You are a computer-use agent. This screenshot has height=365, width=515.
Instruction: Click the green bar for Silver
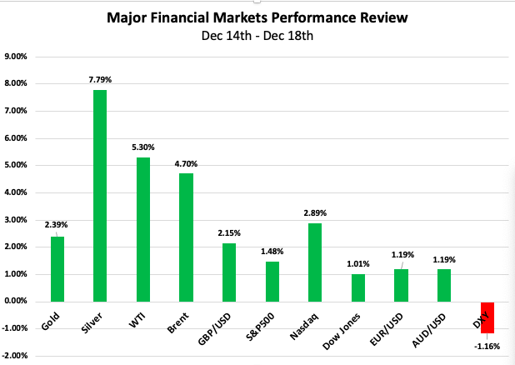click(x=99, y=195)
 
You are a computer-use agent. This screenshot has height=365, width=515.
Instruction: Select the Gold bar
click(x=57, y=268)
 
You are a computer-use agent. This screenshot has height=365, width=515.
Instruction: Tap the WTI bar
click(x=142, y=229)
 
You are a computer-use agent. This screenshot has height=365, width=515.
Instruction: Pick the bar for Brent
click(x=186, y=237)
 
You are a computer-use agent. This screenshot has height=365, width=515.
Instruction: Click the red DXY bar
click(x=487, y=317)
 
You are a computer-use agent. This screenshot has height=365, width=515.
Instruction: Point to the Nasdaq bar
click(x=315, y=262)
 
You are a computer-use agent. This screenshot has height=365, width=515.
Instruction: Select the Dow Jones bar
click(x=358, y=287)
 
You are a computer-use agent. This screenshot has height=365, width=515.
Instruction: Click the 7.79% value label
click(x=99, y=80)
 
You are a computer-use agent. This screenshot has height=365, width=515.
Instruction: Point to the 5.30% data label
click(x=142, y=147)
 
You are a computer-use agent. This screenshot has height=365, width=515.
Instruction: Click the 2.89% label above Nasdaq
click(x=315, y=212)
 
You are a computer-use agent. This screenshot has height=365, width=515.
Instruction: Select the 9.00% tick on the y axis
click(x=17, y=57)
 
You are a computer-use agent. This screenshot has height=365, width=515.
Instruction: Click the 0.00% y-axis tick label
click(x=17, y=301)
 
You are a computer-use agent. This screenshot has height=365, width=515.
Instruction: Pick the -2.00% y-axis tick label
click(x=16, y=356)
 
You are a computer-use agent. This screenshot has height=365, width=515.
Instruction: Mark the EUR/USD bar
click(x=401, y=285)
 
